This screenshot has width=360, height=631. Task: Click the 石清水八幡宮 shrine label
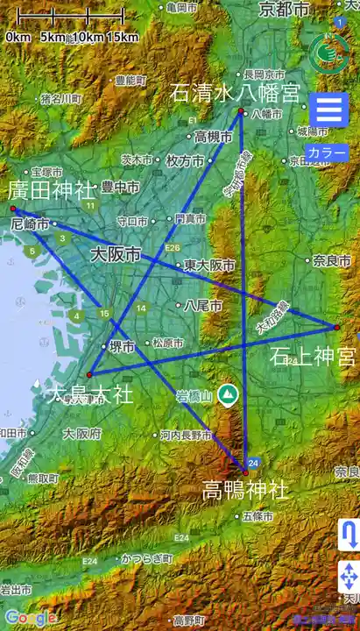pyautogui.click(x=235, y=92)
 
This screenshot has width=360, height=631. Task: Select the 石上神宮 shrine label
pyautogui.click(x=313, y=356)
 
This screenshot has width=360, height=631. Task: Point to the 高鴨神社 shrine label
pyautogui.click(x=245, y=489)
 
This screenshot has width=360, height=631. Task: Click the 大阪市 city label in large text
pyautogui.click(x=116, y=255)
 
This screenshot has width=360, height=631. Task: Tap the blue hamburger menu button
pyautogui.click(x=329, y=112)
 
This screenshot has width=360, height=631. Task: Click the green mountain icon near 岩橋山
pyautogui.click(x=228, y=395)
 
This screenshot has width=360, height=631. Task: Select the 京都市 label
pyautogui.click(x=285, y=10)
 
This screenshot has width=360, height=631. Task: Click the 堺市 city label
pyautogui.click(x=122, y=347)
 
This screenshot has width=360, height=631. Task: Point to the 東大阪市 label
pyautogui.click(x=211, y=265)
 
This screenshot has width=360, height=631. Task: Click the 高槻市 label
pyautogui.click(x=213, y=137)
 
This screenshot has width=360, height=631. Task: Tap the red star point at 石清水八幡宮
pyautogui.click(x=240, y=110)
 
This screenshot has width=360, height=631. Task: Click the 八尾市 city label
pyautogui.click(x=197, y=306)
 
